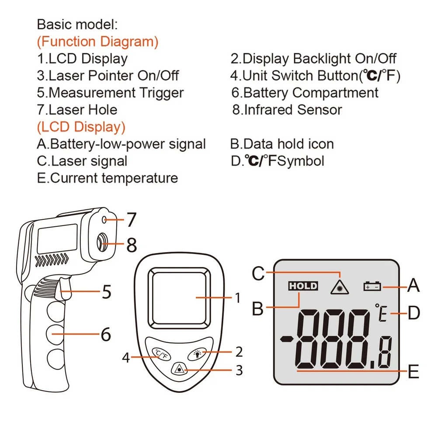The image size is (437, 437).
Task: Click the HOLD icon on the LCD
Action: (303, 286)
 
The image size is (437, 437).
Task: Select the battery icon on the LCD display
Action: (372, 287)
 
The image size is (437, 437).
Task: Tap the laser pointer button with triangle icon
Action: (178, 370)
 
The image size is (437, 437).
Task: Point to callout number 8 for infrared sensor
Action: (132, 244)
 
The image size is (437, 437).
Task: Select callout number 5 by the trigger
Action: (107, 291)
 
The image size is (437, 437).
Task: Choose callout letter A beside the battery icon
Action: (413, 286)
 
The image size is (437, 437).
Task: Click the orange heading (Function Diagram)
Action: (97, 42)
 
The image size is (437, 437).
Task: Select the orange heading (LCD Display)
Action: (81, 127)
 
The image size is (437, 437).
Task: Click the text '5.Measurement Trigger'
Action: (110, 93)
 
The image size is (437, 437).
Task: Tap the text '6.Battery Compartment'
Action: (305, 93)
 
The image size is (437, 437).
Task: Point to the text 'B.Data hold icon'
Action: (282, 144)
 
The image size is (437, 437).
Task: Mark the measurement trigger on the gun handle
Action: (64, 294)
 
